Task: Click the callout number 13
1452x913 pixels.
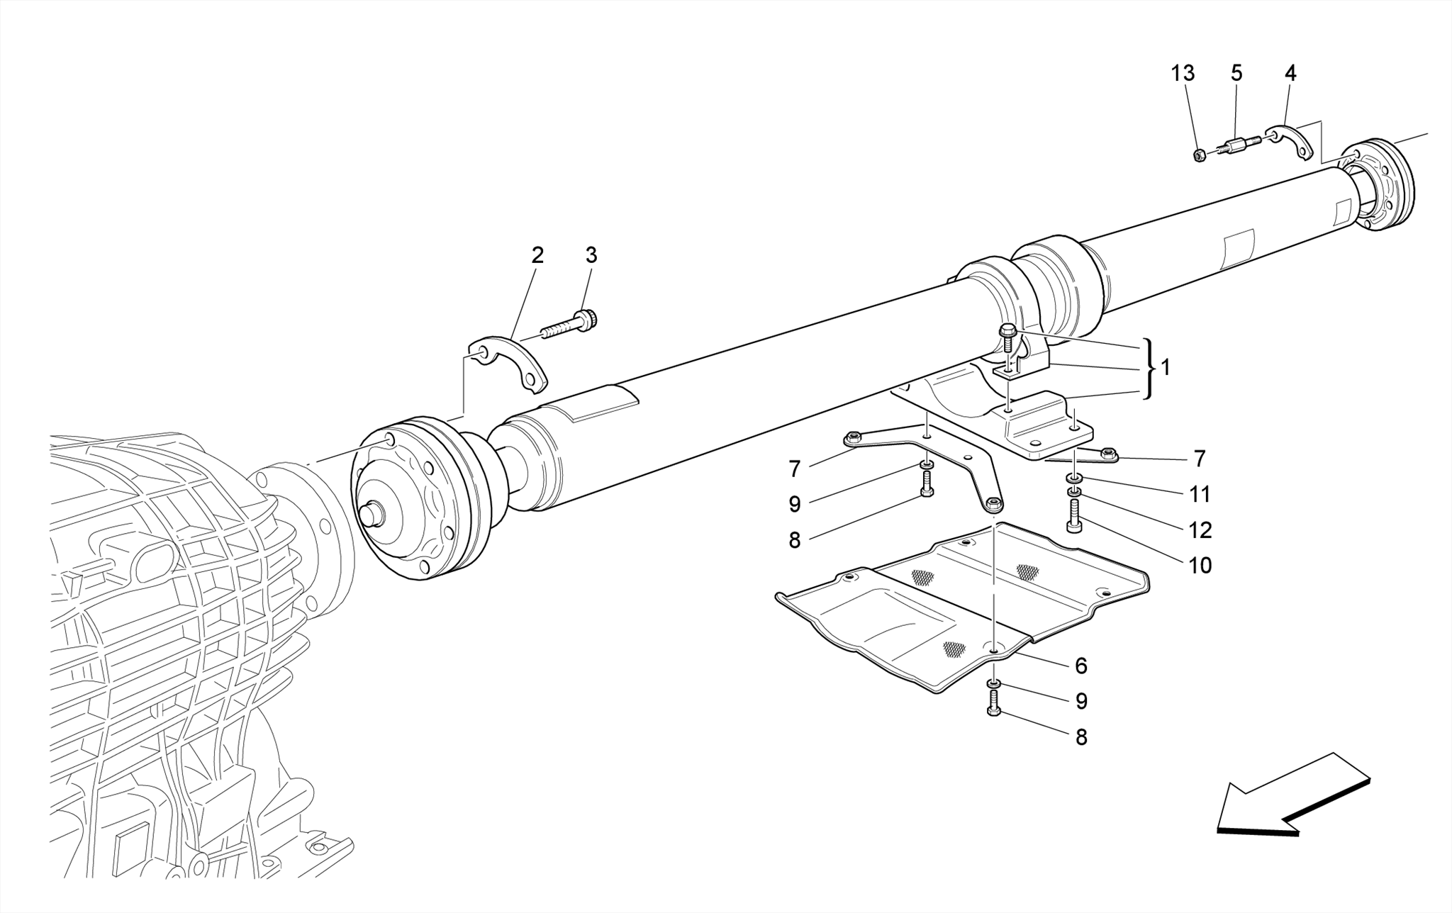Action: [1182, 73]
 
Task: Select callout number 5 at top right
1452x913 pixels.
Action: [1236, 73]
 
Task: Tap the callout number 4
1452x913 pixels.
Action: [1290, 73]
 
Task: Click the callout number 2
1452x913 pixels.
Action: [537, 255]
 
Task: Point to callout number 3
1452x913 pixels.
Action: [591, 255]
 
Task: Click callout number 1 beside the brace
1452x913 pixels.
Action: [1165, 367]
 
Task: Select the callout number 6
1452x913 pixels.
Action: [1080, 666]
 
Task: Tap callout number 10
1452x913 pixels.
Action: [1200, 566]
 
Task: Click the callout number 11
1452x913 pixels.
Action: [1200, 494]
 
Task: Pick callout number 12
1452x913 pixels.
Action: [1200, 530]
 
